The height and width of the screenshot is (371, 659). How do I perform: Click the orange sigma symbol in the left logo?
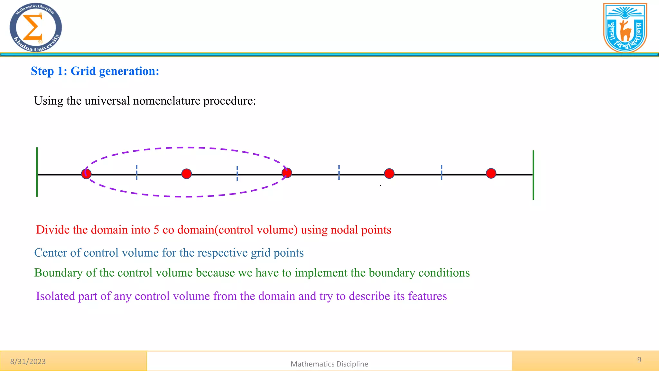point(32,27)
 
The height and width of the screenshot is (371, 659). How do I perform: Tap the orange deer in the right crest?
point(625,31)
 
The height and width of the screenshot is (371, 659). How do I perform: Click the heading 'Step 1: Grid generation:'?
point(95,71)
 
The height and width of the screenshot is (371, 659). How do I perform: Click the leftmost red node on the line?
point(86,174)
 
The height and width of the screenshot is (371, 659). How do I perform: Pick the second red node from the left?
point(187,174)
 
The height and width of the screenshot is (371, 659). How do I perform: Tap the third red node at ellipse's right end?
point(287,173)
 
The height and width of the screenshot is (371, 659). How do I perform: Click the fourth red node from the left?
point(389,174)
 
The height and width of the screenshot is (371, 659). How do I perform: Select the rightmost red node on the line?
point(491,173)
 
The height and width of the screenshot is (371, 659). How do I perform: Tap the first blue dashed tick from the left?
point(137,172)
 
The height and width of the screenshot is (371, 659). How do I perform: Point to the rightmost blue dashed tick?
point(441,172)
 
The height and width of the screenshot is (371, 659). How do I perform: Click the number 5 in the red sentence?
point(156,230)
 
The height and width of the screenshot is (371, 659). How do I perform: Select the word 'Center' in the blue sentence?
point(50,253)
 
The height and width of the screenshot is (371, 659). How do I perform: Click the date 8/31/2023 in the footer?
point(28,361)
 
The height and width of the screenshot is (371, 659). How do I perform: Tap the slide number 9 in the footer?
point(639,360)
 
